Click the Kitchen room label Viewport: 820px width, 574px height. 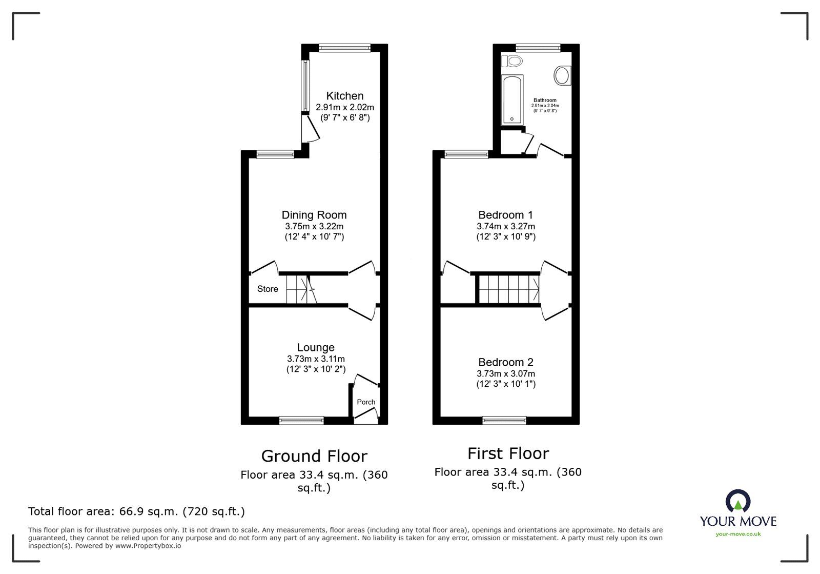point(345,96)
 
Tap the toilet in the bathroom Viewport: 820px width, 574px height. point(512,61)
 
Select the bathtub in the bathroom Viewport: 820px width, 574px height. point(512,100)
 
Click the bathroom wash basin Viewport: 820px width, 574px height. point(562,76)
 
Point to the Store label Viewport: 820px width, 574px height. point(268,289)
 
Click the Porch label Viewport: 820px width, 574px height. point(366,402)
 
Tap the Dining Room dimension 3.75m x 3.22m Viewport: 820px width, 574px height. point(314,226)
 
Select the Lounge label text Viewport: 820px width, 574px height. point(316,348)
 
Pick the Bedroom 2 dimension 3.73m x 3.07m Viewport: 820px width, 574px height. point(506,374)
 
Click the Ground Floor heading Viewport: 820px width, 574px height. point(314,456)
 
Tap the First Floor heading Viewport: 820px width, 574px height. point(508,453)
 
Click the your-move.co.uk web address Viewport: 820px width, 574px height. point(738,535)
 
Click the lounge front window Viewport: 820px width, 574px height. point(301,420)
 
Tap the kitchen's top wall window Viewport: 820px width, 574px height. point(344,48)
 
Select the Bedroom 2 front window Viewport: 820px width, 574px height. point(504,420)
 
